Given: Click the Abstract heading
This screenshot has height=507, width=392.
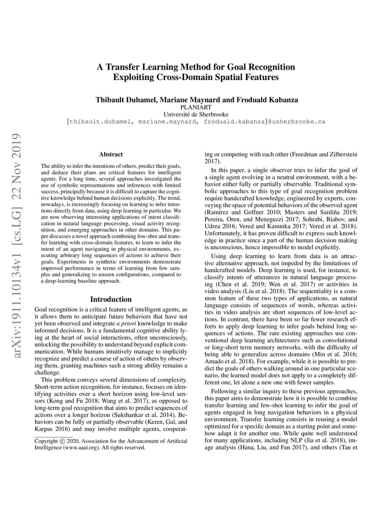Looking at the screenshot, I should (x=111, y=154).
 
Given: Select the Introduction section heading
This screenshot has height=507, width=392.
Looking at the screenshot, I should (x=111, y=299).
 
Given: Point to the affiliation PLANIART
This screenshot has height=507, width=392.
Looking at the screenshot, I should (x=196, y=107).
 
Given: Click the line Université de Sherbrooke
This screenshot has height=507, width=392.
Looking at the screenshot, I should (x=196, y=114).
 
